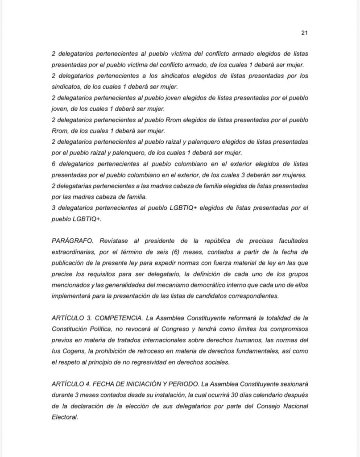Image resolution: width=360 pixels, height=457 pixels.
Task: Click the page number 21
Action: coord(305,33)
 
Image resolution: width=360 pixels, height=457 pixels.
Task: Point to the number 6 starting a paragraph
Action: coord(54,164)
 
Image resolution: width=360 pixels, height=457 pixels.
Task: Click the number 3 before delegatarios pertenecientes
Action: coord(54,208)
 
